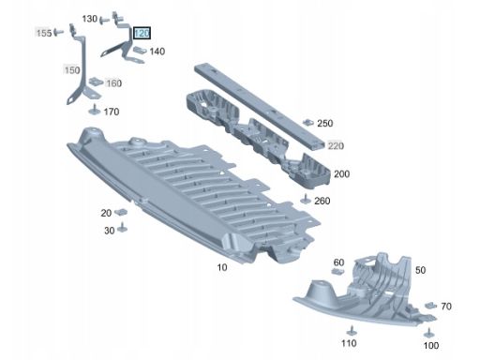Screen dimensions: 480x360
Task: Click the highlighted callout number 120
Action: [x=142, y=33]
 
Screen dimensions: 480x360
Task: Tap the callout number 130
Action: [x=90, y=19]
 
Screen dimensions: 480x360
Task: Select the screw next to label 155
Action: [x=58, y=32]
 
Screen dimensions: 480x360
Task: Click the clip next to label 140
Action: [x=140, y=50]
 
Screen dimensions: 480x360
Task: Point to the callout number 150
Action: [x=72, y=70]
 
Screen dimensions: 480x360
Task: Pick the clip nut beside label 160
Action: [x=97, y=82]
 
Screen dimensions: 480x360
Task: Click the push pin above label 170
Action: [x=94, y=110]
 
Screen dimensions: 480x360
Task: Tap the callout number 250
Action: [x=325, y=123]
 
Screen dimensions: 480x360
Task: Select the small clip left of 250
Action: [x=308, y=122]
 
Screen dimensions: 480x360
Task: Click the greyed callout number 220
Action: [x=336, y=145]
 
